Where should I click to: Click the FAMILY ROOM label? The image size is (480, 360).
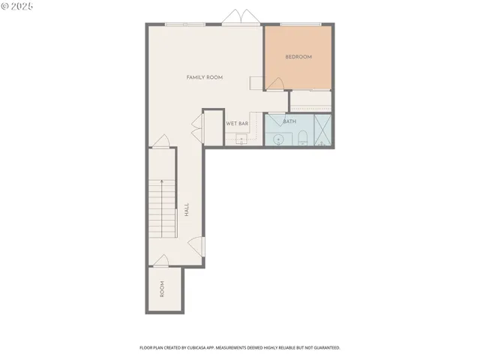click(x=204, y=77)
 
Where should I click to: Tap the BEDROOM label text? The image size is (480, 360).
click(x=298, y=57)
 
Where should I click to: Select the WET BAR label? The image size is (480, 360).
click(x=237, y=123)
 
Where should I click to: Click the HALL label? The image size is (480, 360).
click(x=187, y=210)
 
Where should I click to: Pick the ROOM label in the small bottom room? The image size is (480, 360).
click(x=161, y=289)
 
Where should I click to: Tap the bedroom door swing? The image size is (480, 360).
click(x=278, y=85)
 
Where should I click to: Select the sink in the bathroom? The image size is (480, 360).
click(x=277, y=139)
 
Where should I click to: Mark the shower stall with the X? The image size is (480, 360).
click(x=324, y=130)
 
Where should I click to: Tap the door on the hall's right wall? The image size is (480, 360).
click(x=196, y=245)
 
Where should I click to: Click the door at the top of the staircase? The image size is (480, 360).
click(x=160, y=141)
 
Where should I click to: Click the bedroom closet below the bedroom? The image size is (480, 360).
click(x=310, y=100)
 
